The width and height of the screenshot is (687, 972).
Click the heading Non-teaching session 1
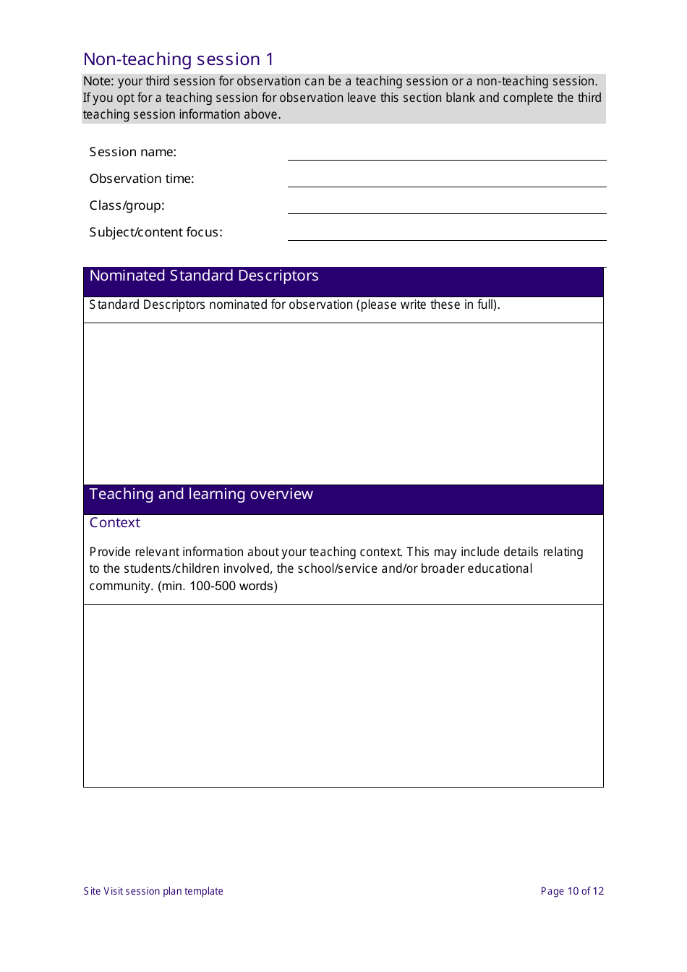(x=179, y=59)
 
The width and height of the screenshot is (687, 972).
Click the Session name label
(x=133, y=152)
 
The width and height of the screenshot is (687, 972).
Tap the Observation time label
(x=142, y=179)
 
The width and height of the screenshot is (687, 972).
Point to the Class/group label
(x=127, y=205)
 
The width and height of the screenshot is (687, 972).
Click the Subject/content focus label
(x=156, y=232)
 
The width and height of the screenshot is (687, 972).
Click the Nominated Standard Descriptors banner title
(x=204, y=276)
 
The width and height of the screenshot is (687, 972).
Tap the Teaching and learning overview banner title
(x=201, y=495)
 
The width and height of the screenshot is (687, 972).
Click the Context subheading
(x=115, y=523)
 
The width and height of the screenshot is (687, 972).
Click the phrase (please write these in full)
(x=428, y=305)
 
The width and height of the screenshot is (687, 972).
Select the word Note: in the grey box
(x=98, y=82)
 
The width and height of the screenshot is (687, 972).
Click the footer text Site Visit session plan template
(x=153, y=891)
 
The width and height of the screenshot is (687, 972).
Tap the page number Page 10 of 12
(x=572, y=891)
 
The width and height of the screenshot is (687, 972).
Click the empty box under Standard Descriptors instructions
(x=343, y=404)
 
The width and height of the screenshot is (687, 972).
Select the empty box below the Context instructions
(x=343, y=695)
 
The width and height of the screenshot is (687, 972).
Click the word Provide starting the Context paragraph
(x=110, y=553)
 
